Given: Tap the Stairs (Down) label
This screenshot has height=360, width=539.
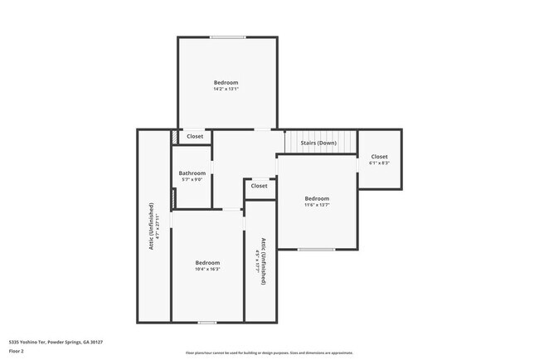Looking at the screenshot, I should coord(318,143).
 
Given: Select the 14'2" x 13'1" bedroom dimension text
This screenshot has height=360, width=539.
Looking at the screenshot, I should coord(226,90).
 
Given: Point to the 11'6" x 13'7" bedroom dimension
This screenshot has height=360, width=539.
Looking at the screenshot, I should coord(317,206).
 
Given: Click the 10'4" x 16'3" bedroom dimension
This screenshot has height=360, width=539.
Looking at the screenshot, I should coord(207,269).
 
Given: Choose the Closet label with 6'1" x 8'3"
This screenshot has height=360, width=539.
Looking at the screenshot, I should coord(379,163).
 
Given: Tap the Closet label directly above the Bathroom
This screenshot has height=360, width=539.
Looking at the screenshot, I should coord(195,136).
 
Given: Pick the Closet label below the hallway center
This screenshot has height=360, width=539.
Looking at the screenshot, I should coord(260,186).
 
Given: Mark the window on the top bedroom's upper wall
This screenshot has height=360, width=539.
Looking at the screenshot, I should coord(226,36).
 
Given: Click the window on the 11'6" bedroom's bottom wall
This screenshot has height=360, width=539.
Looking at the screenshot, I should coord(317,249).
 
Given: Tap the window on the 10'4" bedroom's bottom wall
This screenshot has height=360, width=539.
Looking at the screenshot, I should coord(207,322).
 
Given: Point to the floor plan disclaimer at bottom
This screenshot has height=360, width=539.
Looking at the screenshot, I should coord(269,353).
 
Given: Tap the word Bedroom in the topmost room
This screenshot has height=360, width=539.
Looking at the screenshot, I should coord(226,82).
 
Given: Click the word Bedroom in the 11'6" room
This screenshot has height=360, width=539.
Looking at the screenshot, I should coord(317,198).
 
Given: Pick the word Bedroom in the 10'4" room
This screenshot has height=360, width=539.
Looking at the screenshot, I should coord(207,262).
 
